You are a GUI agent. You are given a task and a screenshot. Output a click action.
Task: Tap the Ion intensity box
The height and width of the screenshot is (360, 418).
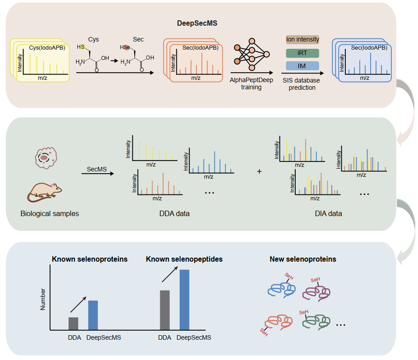click(x=302, y=40)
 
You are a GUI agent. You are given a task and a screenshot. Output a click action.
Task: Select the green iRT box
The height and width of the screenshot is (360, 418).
click(x=302, y=53)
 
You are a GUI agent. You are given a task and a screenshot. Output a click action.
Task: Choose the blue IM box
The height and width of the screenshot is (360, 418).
click(x=302, y=66)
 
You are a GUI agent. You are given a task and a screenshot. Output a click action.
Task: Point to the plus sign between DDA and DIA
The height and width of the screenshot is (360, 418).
click(x=259, y=171)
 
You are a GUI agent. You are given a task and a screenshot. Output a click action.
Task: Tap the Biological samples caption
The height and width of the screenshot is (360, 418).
click(x=50, y=213)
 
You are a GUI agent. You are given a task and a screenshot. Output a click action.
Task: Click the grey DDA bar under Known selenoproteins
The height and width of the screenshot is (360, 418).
click(x=73, y=323)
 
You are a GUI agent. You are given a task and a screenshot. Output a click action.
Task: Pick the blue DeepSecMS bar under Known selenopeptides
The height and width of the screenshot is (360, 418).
click(x=184, y=300)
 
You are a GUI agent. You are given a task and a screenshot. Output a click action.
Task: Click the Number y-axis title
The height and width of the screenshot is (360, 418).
click(x=43, y=299)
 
